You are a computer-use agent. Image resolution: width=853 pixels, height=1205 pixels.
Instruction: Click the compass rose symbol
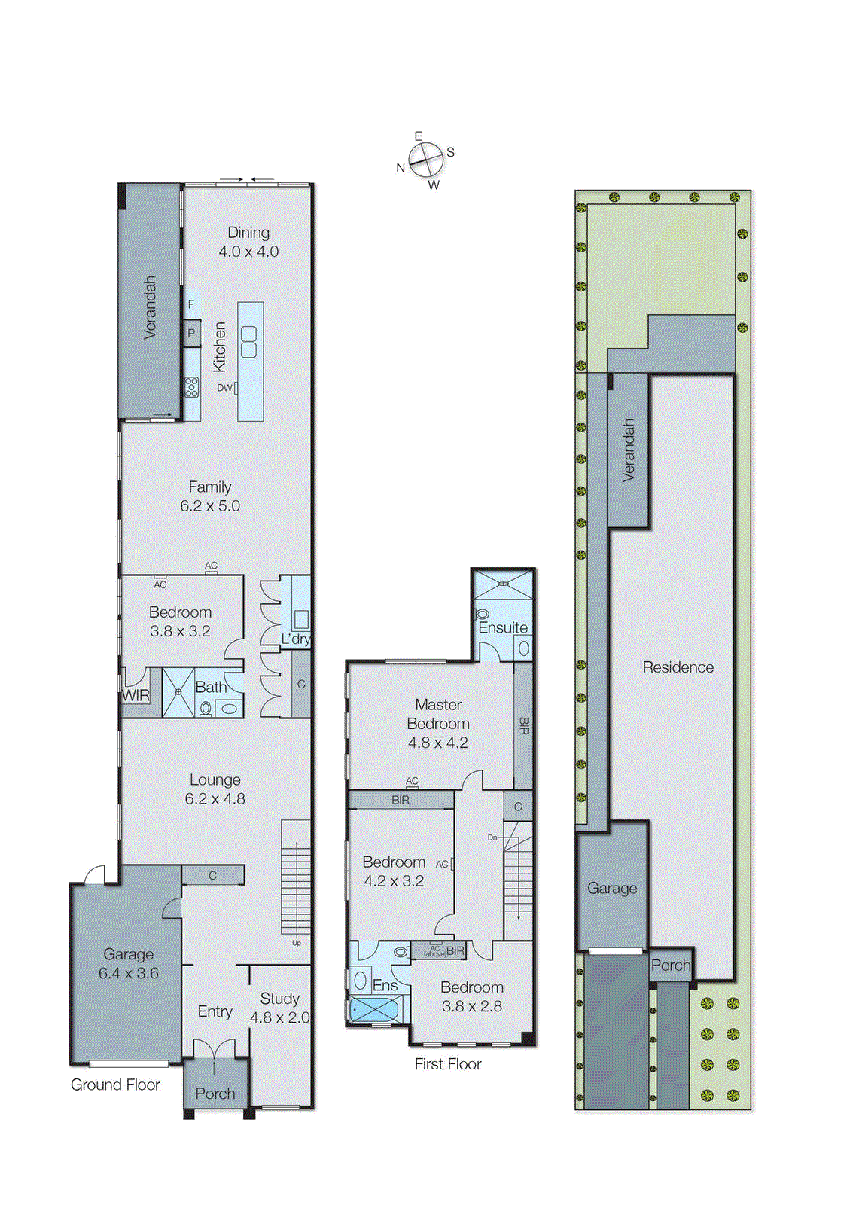pos(426,159)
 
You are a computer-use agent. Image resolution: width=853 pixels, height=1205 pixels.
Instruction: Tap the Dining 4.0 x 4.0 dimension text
pos(248,252)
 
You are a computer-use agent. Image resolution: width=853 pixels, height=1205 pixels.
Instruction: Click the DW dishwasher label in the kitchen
pos(225,387)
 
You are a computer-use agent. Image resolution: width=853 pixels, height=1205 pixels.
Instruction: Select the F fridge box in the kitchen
pos(191,304)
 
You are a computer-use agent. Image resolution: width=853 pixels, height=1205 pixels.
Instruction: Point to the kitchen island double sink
pos(249,342)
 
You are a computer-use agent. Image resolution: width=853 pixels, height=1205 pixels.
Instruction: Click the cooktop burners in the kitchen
pos(192,387)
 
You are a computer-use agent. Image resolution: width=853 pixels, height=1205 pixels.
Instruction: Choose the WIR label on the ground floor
pos(136,696)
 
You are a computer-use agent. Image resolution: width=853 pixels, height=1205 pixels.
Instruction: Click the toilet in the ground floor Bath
pos(205,709)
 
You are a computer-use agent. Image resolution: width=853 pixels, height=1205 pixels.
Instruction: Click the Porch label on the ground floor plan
pos(215,1093)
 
